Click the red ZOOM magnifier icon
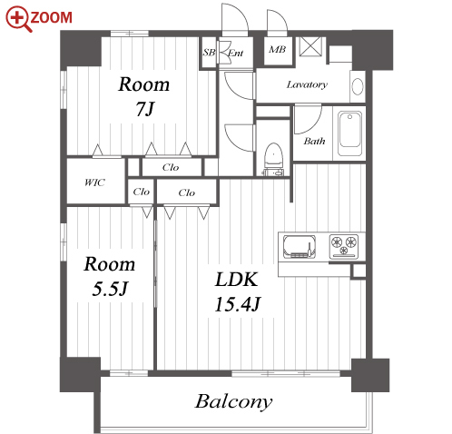[18, 19]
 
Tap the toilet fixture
[273, 159]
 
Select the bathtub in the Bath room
[349, 133]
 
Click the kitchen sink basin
[300, 247]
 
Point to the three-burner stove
[344, 246]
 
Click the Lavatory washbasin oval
[358, 86]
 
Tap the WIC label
[94, 182]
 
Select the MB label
[277, 49]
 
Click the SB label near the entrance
[209, 53]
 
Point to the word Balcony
[233, 402]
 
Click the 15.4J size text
[238, 304]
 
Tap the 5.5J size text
[110, 289]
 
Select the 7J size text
[145, 109]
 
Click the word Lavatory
[307, 84]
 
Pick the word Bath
[314, 141]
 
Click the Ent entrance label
[235, 54]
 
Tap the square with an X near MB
[310, 46]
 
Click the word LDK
[237, 280]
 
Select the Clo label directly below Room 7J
[171, 167]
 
